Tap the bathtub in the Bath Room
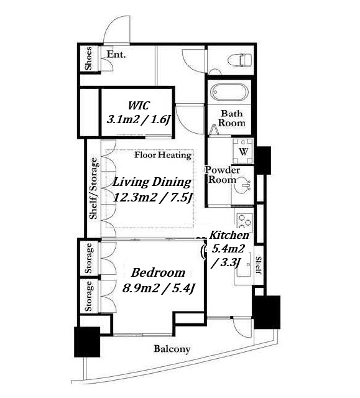(x=229, y=93)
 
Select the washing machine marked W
(x=242, y=152)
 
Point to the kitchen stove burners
(x=244, y=221)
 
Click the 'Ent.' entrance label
(x=116, y=54)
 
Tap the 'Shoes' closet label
(x=88, y=58)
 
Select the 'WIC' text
(x=139, y=106)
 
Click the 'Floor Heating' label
(x=163, y=155)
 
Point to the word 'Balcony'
(x=172, y=349)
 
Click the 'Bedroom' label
(x=159, y=273)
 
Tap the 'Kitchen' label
(x=229, y=235)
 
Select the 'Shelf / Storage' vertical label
(x=93, y=188)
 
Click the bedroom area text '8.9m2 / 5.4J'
(x=159, y=288)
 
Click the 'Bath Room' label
(x=232, y=118)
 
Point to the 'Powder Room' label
(x=223, y=175)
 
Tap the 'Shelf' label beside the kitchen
(x=259, y=266)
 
